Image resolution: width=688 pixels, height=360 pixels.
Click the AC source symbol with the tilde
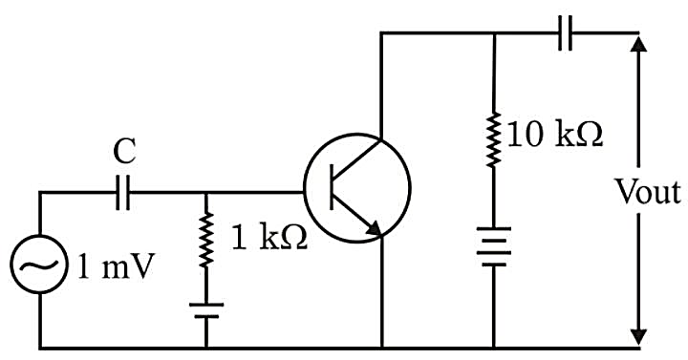click(39, 264)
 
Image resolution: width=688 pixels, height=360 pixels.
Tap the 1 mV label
click(116, 266)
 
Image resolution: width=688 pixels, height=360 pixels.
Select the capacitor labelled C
click(123, 192)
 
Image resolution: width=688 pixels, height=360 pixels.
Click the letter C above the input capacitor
click(124, 152)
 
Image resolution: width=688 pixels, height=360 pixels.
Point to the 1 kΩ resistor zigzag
click(206, 240)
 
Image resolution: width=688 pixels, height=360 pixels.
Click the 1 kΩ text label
click(269, 239)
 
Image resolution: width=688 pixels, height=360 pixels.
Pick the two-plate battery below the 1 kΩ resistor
click(206, 310)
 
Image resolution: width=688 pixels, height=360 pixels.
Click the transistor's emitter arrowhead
click(373, 228)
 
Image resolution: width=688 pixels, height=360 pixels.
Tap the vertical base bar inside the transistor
click(333, 188)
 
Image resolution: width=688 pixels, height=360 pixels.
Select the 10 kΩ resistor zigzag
click(495, 139)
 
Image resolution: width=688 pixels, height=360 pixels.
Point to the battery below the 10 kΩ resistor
click(495, 246)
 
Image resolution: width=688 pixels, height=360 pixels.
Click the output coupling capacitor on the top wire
click(565, 32)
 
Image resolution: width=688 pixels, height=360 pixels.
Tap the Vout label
click(648, 192)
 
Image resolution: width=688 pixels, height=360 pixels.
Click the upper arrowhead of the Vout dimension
click(639, 44)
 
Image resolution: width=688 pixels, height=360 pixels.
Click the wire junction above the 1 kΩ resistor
click(206, 192)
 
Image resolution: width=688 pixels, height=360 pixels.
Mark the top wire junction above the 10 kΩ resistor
click(495, 32)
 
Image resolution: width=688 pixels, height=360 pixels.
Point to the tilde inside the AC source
click(39, 265)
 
